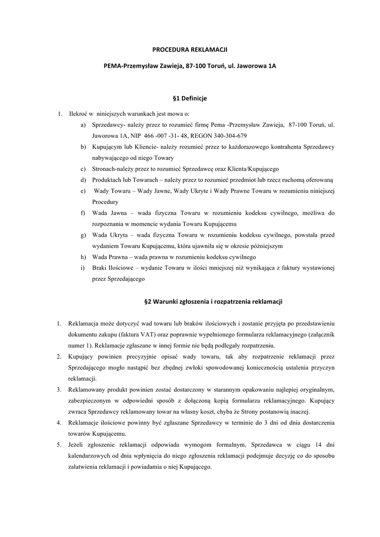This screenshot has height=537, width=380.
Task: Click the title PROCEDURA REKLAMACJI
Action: pos(190,49)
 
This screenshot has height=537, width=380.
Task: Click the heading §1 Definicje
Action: pos(190,98)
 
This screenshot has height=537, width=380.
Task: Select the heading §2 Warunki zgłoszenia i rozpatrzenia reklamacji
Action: pos(213,302)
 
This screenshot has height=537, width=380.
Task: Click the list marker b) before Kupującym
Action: pos(84,147)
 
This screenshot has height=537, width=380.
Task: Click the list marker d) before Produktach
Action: pos(84,180)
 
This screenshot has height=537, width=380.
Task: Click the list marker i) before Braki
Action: pos(83,268)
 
